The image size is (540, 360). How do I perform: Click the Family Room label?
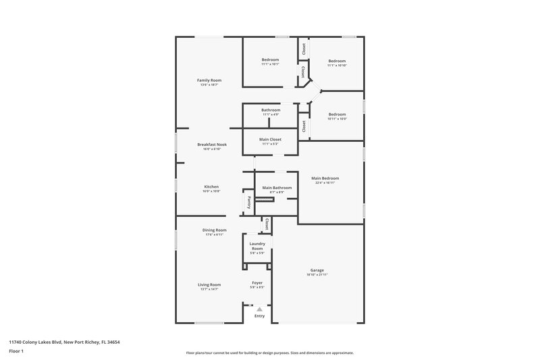(209, 80)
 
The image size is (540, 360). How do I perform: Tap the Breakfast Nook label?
(211, 145)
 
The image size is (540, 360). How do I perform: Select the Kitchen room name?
(211, 187)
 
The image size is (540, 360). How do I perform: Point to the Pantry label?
(248, 202)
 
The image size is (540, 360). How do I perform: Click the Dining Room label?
(214, 230)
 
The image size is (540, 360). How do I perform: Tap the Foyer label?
(257, 283)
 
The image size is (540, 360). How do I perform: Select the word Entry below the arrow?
(259, 316)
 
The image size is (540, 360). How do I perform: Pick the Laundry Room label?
(256, 246)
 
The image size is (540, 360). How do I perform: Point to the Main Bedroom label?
(325, 178)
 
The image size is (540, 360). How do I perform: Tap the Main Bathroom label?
(277, 188)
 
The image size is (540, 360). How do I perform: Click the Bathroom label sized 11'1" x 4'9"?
(271, 110)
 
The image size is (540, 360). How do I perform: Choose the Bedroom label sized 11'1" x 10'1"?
(270, 60)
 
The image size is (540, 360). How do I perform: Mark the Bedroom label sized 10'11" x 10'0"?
(336, 115)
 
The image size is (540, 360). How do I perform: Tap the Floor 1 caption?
(16, 352)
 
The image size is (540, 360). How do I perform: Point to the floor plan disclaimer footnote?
(269, 353)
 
